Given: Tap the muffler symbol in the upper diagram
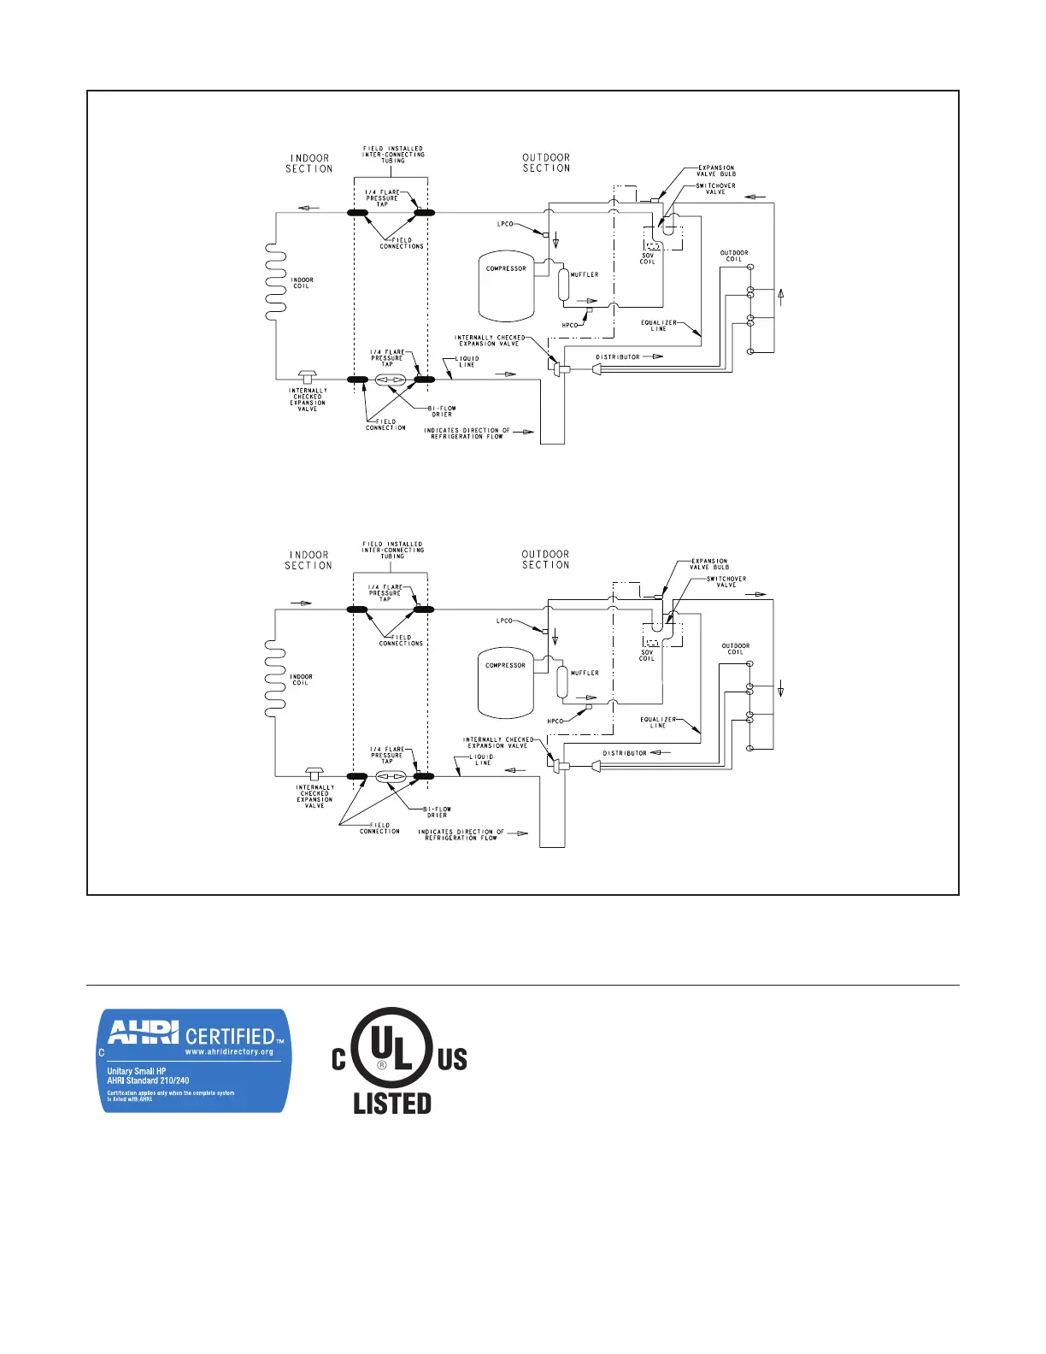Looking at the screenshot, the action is pos(563,285).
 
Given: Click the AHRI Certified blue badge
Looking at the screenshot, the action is pos(196,1060).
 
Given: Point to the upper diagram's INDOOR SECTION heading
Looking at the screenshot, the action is pos(309,163).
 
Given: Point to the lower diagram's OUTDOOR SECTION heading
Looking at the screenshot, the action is pos(545,559).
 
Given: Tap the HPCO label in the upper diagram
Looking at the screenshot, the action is pos(569,326).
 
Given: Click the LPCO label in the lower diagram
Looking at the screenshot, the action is pos(504,621).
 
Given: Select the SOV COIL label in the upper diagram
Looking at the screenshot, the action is pos(648,258).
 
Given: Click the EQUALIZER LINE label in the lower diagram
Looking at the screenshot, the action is pos(658,722).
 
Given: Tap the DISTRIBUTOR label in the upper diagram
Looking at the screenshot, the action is pos(617,357).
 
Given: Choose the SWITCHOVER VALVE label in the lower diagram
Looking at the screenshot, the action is pos(726,582).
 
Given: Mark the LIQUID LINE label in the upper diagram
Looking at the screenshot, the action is pos(468,362).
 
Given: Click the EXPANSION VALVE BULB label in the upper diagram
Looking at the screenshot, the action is pos(716,171).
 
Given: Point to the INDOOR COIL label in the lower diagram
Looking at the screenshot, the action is pos(301,680).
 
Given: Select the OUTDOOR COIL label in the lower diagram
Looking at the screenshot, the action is pos(735,649).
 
